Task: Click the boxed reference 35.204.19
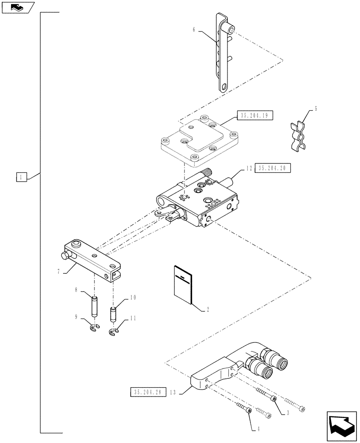(255, 116)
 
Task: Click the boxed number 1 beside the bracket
(21, 177)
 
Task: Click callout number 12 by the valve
(248, 168)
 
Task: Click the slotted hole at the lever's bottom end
(224, 87)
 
